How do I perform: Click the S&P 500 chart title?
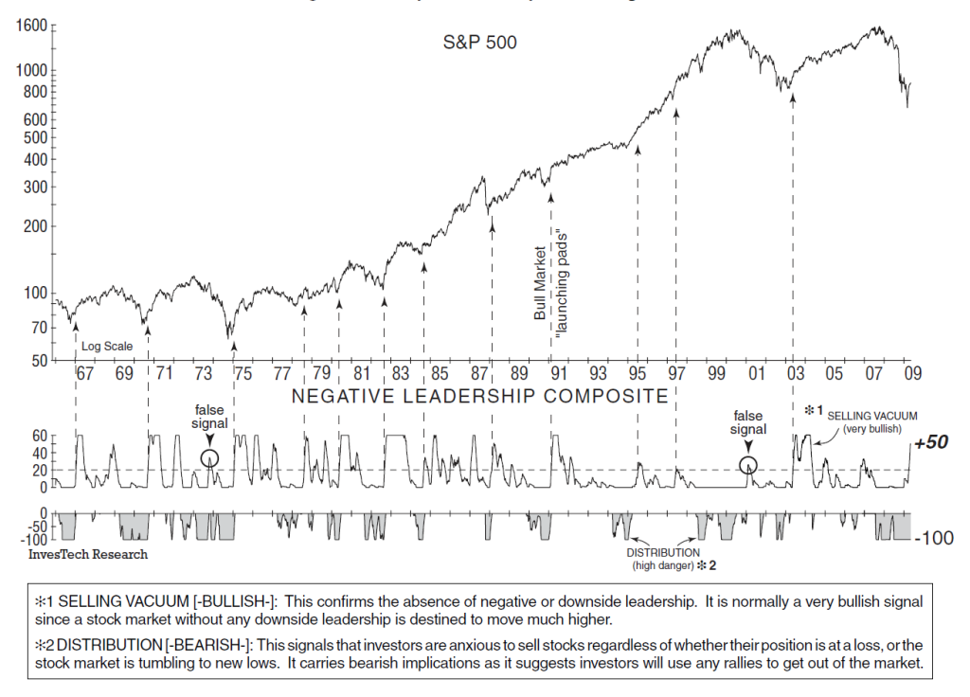[x=480, y=43]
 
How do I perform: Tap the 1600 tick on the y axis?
[x=30, y=26]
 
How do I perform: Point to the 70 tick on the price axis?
[x=38, y=328]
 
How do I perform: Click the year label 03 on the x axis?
[x=794, y=373]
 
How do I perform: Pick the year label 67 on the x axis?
[x=84, y=373]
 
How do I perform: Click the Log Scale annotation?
[x=107, y=347]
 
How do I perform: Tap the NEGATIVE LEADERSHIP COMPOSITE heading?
[x=479, y=396]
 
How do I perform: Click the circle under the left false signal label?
[x=210, y=457]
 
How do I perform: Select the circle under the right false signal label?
[x=748, y=465]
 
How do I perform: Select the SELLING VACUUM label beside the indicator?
[x=872, y=416]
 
